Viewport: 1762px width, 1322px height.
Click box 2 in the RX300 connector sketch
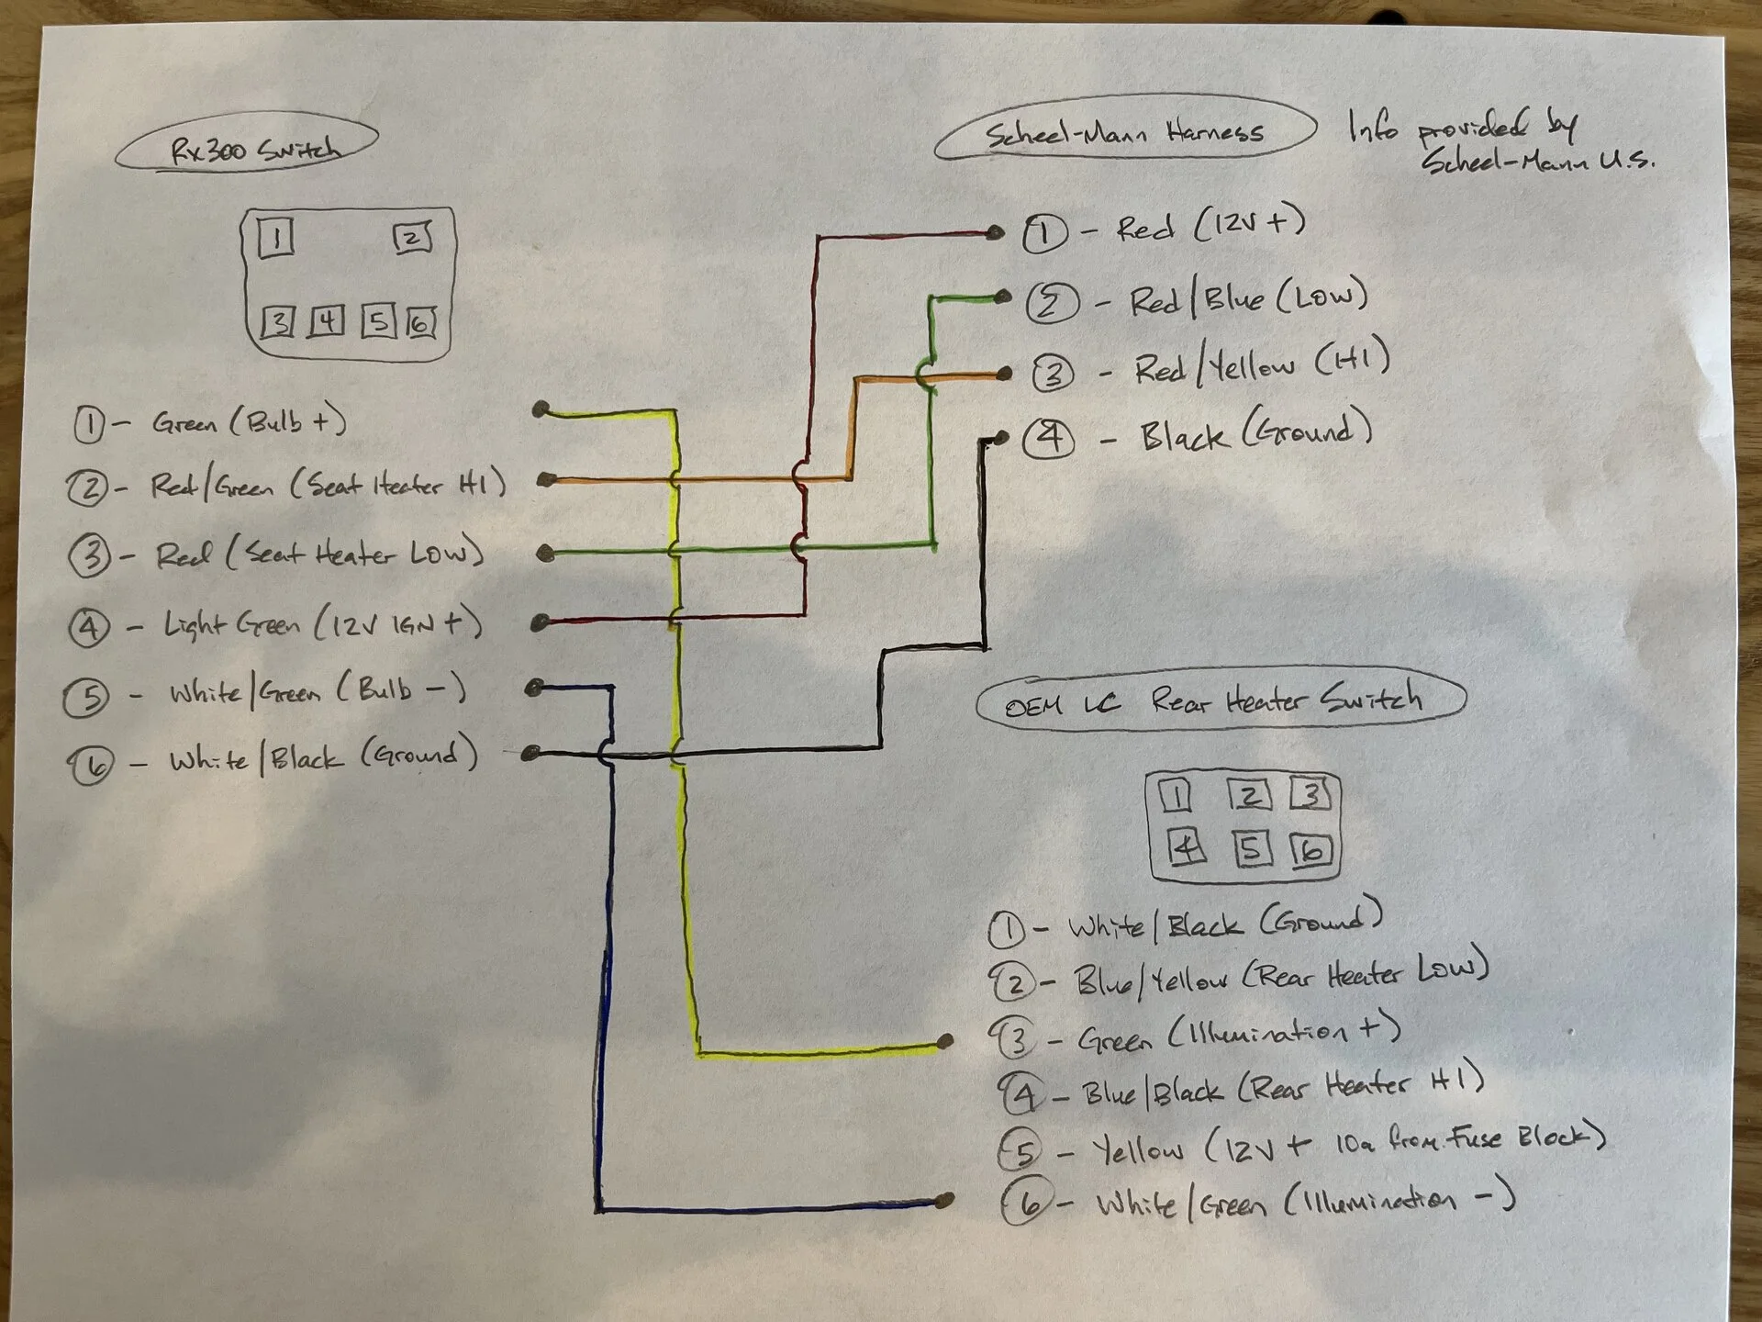(412, 238)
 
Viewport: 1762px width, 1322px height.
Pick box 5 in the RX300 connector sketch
(377, 320)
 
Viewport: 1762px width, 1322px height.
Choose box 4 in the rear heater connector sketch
(1185, 847)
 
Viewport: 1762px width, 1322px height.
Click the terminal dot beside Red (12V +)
(995, 232)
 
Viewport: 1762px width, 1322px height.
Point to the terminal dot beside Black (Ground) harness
(1001, 438)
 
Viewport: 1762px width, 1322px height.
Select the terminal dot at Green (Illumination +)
(945, 1041)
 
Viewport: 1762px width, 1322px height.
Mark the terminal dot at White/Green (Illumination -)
(945, 1200)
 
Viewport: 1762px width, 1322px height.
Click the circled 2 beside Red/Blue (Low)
(1052, 302)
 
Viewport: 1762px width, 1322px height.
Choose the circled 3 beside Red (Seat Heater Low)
(90, 555)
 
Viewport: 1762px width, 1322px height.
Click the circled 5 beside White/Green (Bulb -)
(87, 697)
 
